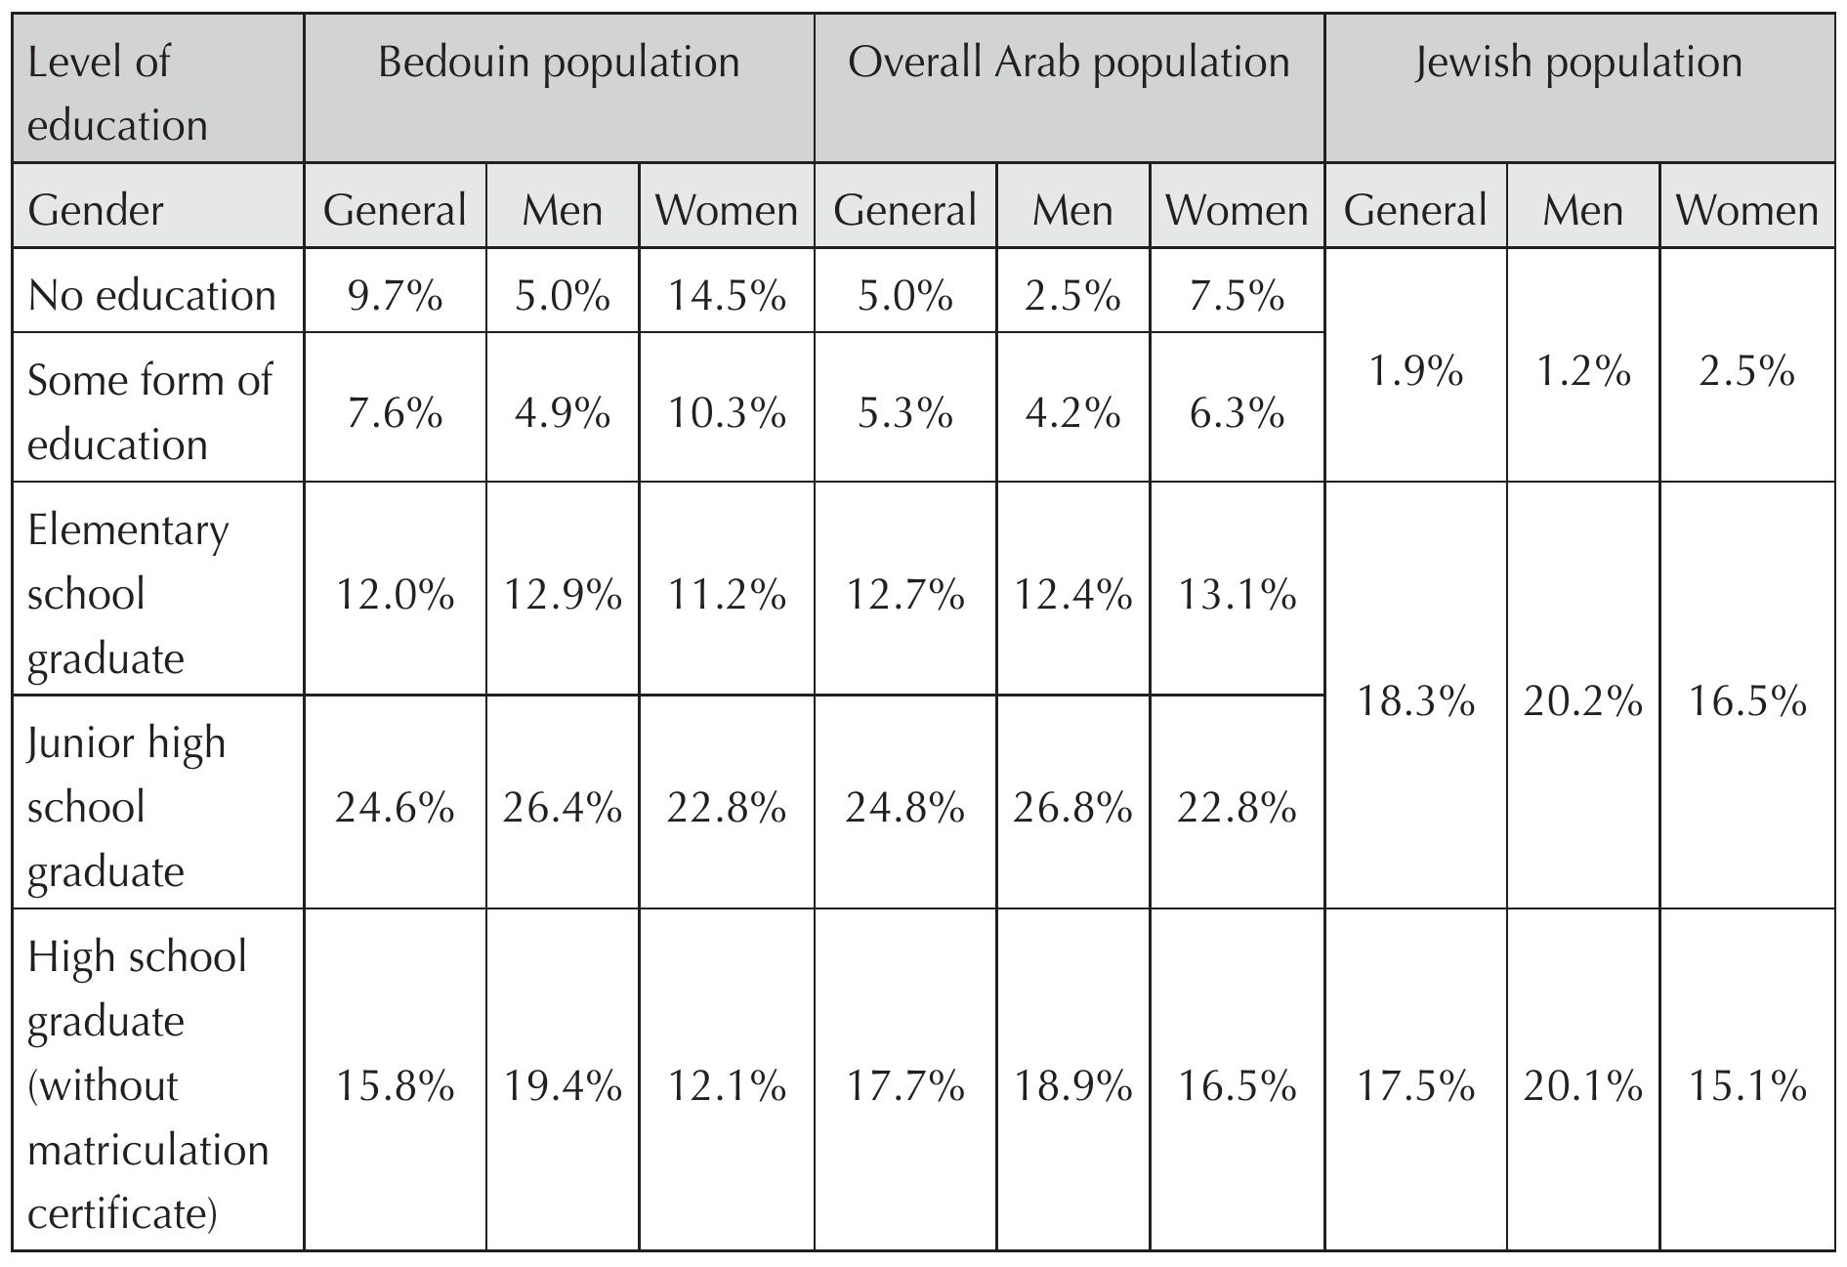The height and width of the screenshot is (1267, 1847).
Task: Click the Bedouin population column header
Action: [x=559, y=63]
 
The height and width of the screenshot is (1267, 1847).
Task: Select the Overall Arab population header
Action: [x=1069, y=63]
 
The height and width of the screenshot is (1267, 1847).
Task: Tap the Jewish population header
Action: [x=1578, y=63]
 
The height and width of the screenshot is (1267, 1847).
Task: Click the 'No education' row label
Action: [x=151, y=295]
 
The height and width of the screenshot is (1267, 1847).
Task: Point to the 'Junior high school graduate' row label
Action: [x=127, y=806]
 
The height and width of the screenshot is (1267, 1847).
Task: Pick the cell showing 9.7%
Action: [x=395, y=295]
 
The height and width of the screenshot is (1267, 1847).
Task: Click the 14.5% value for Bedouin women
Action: [x=726, y=295]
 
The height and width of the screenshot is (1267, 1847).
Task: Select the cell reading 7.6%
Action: [x=395, y=413]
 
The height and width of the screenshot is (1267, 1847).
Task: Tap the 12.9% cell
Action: [x=562, y=594]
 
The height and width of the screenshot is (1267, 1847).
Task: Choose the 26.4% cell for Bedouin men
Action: [x=562, y=808]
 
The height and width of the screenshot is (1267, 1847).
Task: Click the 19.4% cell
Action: [x=562, y=1085]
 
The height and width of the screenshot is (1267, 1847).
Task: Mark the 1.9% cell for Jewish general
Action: [x=1415, y=371]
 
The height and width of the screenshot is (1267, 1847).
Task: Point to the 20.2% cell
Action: [x=1582, y=701]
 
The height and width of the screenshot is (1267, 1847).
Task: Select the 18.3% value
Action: [x=1415, y=701]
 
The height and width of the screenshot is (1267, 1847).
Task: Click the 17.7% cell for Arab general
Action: [x=904, y=1085]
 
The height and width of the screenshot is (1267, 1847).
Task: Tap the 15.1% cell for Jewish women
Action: [x=1746, y=1085]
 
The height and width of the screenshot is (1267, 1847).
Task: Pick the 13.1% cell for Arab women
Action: [x=1237, y=594]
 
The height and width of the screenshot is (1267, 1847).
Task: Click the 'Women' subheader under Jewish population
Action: [x=1746, y=210]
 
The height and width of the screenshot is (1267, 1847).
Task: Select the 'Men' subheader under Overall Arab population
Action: [x=1072, y=210]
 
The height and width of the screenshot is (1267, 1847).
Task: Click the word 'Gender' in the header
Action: [x=95, y=210]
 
